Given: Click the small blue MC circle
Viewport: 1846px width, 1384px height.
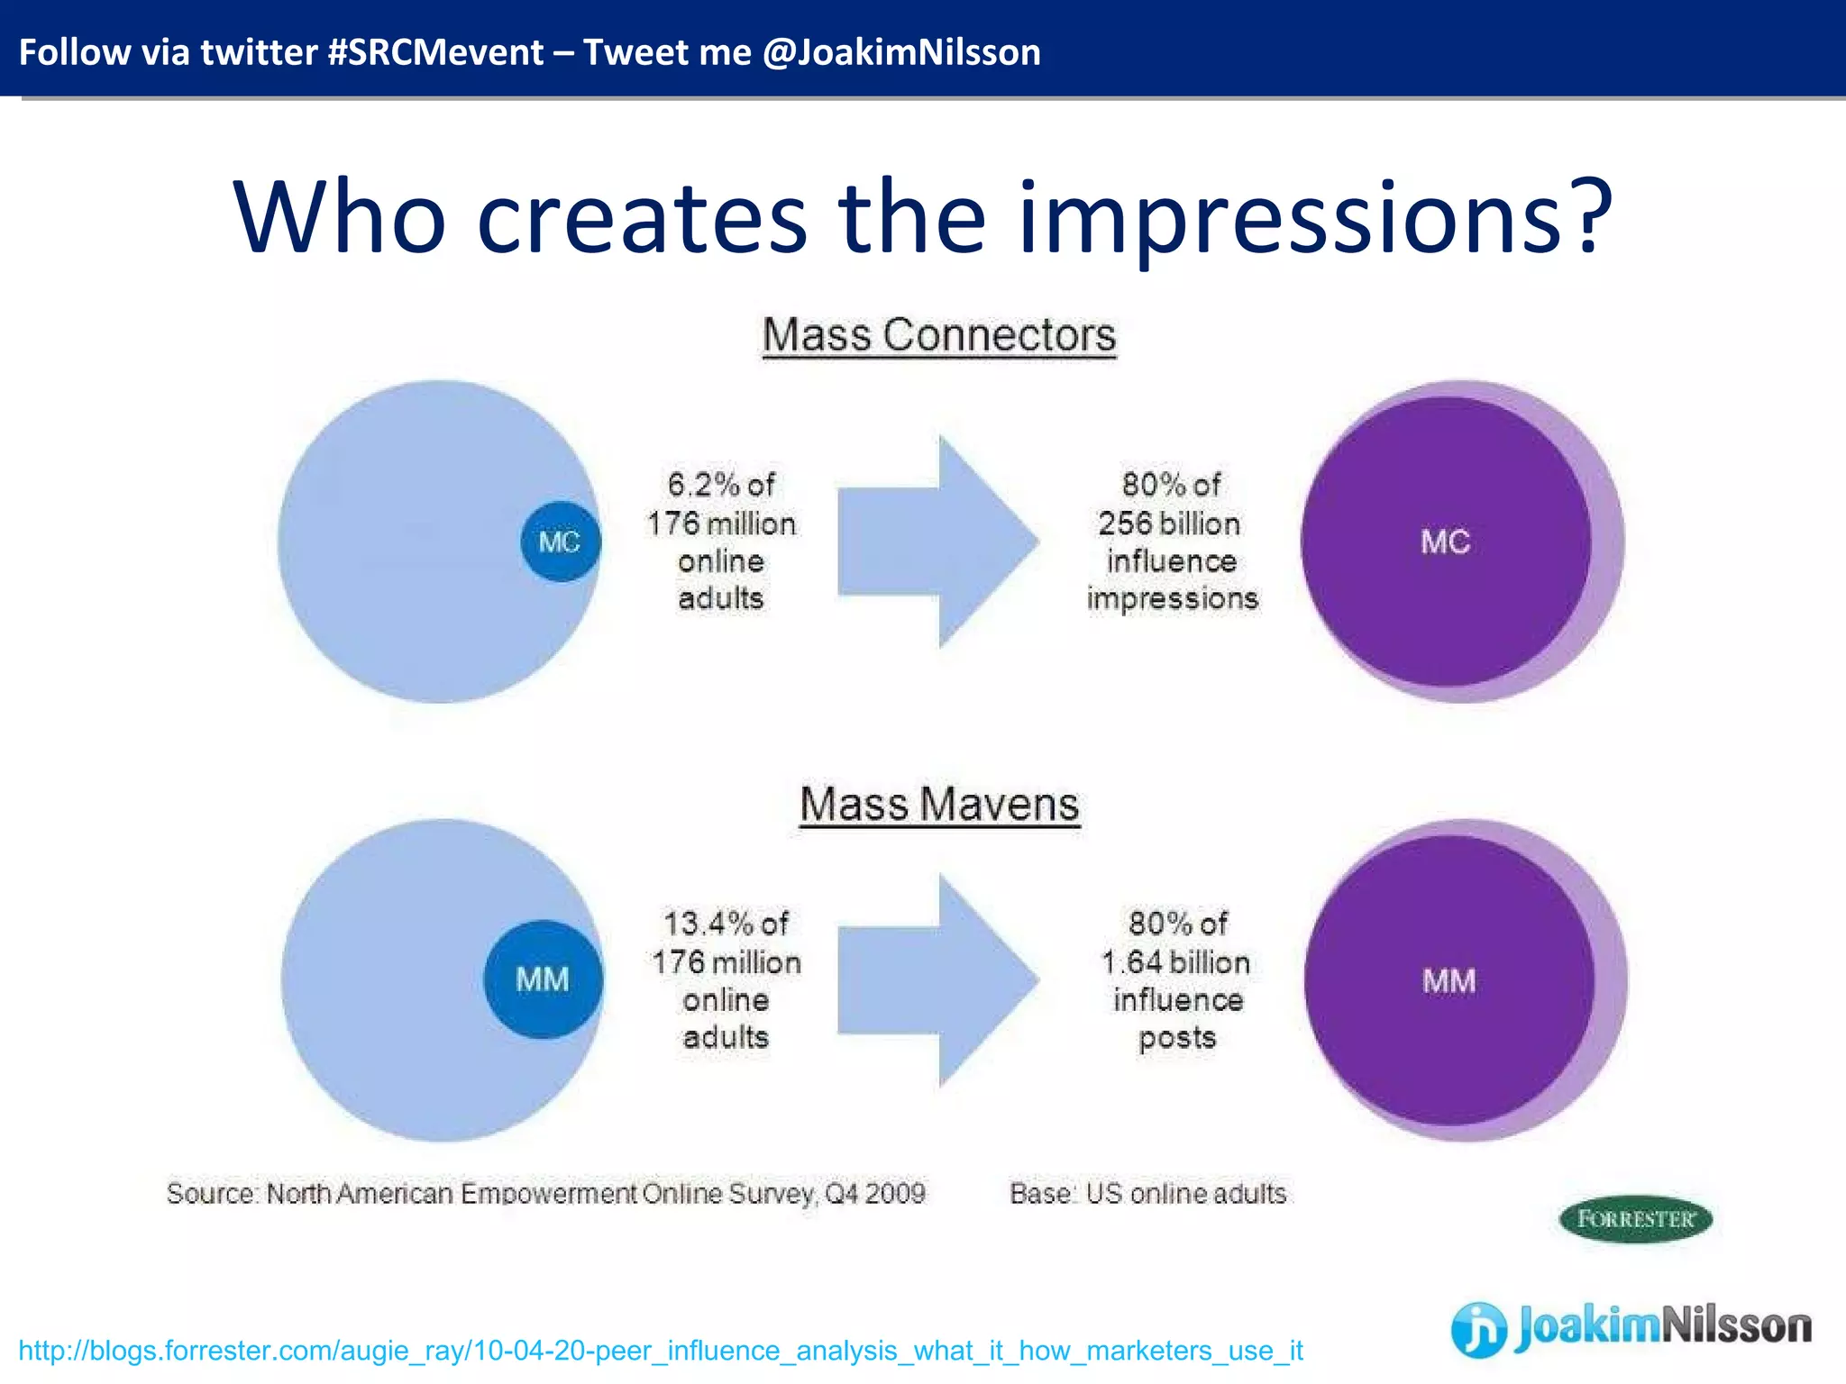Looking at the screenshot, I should click(x=560, y=542).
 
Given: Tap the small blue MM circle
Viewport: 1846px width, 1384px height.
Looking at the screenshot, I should click(x=543, y=979).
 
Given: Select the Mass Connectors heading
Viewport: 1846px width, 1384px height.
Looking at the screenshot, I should click(x=939, y=335).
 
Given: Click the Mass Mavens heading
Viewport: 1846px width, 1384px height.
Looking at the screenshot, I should click(x=939, y=804).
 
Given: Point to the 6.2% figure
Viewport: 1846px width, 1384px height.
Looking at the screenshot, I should click(x=702, y=485).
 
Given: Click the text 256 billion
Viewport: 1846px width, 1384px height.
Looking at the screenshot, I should click(x=1169, y=524).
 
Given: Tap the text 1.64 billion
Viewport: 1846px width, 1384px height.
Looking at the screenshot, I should click(x=1175, y=962).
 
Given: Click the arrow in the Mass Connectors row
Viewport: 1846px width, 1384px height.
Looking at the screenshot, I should click(x=937, y=542).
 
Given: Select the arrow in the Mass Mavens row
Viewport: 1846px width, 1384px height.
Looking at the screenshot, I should click(x=937, y=980).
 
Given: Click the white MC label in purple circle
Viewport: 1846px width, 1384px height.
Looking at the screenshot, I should click(x=1445, y=542).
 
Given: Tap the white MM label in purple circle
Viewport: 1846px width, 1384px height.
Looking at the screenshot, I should click(x=1448, y=980).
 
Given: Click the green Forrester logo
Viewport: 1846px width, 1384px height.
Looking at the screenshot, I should click(x=1635, y=1219).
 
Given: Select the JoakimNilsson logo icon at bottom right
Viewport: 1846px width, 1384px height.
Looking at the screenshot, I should click(x=1478, y=1329).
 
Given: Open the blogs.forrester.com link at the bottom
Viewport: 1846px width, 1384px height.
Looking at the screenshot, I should click(x=660, y=1351).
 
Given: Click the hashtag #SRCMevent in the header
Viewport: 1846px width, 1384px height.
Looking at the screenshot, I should click(x=435, y=52).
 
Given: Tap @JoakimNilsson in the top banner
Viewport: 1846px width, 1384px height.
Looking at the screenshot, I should click(x=901, y=52).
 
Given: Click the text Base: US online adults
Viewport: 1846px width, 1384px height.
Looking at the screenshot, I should click(x=1147, y=1194).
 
